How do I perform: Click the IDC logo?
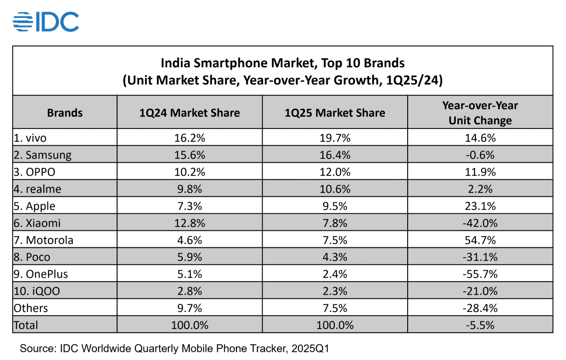(x=46, y=22)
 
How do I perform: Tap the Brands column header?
(x=65, y=113)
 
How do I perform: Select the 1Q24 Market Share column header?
(x=190, y=113)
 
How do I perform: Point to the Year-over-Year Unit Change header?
(x=480, y=113)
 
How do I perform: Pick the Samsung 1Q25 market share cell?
(x=335, y=155)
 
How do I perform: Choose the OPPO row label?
(x=35, y=172)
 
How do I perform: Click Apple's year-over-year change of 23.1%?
(x=480, y=206)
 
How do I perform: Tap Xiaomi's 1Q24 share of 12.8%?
(x=190, y=223)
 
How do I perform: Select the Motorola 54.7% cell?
(x=480, y=240)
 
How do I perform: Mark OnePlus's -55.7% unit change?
(x=480, y=274)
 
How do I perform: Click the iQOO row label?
(x=37, y=291)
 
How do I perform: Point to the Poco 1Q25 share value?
(x=335, y=257)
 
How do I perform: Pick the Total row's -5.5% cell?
(x=480, y=325)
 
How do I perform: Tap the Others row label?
(x=31, y=308)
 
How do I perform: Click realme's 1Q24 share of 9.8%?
(x=190, y=189)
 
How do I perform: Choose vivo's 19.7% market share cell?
(x=335, y=138)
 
